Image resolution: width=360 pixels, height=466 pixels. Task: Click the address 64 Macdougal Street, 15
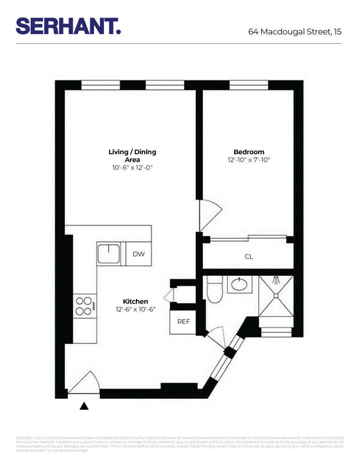(295, 32)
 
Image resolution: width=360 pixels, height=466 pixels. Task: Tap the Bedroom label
(249, 152)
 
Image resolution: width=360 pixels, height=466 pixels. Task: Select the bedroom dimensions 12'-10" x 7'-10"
(249, 159)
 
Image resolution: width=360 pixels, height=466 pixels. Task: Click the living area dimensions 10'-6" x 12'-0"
(132, 167)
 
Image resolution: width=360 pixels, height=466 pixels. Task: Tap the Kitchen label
(135, 302)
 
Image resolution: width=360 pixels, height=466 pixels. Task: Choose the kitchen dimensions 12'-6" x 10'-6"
(135, 309)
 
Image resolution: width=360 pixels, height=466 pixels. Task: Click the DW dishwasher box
(139, 254)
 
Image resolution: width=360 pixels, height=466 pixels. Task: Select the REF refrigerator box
(183, 322)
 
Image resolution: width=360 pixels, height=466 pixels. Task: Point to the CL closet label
(249, 256)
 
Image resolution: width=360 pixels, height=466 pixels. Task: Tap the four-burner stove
(85, 306)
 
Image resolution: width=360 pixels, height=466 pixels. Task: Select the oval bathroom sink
(239, 284)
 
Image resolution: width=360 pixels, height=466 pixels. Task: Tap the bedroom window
(248, 85)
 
